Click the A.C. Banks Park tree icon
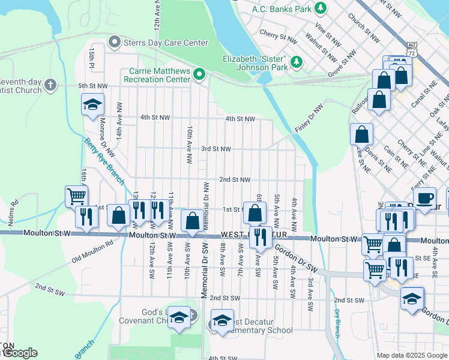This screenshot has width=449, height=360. click(321, 8)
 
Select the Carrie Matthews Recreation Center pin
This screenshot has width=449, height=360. click(199, 75)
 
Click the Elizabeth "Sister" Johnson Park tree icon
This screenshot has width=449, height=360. click(296, 62)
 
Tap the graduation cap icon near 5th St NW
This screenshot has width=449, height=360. click(92, 104)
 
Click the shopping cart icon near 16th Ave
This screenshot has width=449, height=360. click(76, 196)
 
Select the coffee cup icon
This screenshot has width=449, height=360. click(425, 197)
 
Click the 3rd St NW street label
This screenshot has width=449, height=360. click(215, 149)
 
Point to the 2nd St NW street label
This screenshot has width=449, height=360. click(234, 179)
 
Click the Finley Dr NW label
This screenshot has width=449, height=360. click(309, 120)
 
